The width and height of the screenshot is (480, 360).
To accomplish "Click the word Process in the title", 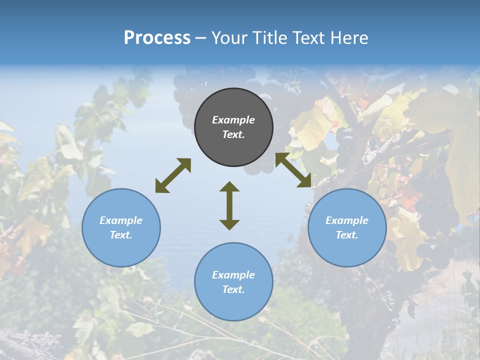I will click(x=157, y=38).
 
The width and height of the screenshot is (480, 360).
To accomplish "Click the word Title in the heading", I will click(x=270, y=38).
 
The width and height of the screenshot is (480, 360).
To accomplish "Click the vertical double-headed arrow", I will click(x=229, y=205).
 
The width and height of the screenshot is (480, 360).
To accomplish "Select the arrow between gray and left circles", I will click(x=173, y=175).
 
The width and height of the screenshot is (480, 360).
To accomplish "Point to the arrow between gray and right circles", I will click(x=293, y=170).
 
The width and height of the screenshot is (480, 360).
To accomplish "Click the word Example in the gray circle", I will click(x=233, y=120).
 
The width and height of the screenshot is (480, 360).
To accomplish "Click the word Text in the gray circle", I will click(x=233, y=134).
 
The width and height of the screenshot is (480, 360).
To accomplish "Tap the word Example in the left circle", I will click(x=121, y=220).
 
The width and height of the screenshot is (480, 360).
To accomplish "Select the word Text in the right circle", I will click(x=347, y=235).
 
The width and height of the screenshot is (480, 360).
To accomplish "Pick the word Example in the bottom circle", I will click(x=233, y=275).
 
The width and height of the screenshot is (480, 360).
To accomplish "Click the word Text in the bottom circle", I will click(x=233, y=289).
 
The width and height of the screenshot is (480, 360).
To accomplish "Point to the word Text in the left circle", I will click(x=121, y=235).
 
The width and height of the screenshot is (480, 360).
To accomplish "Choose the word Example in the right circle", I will click(x=347, y=220).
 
